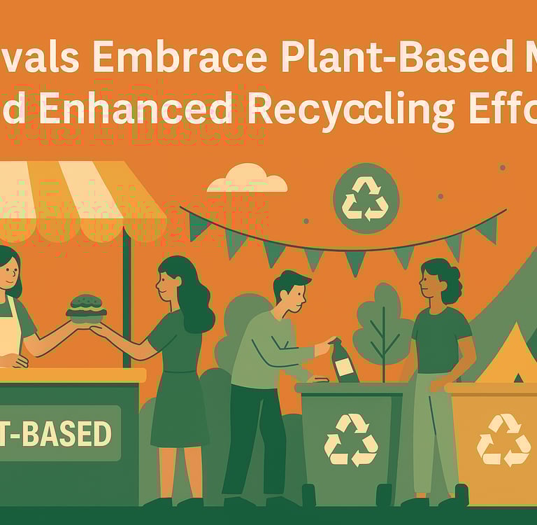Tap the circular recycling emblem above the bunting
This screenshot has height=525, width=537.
point(366,198)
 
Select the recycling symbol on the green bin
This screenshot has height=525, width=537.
point(351,439)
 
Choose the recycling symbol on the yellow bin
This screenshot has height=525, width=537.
point(503,440)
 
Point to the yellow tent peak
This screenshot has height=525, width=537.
point(514,350)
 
